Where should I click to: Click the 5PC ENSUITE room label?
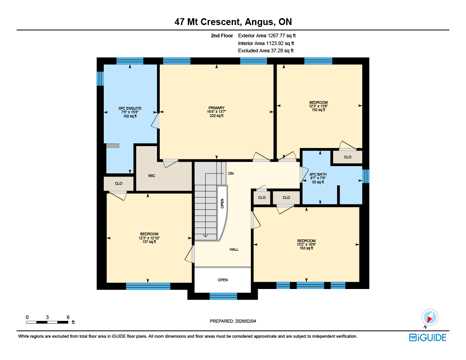tap(130, 108)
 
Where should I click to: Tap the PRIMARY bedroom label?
tap(216, 108)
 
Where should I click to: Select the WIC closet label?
tap(152, 176)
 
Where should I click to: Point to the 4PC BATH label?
tap(318, 174)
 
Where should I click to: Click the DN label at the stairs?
tap(231, 173)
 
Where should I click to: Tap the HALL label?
tap(234, 249)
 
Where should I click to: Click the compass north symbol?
tap(430, 318)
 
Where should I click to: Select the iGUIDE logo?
tap(428, 337)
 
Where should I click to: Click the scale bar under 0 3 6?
tap(47, 322)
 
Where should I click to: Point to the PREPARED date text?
tap(233, 321)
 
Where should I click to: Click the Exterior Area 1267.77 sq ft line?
tap(267, 35)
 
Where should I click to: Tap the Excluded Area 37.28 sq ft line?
tap(266, 51)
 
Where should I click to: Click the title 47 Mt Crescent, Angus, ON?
tap(233, 22)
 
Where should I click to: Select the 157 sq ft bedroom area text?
tap(149, 242)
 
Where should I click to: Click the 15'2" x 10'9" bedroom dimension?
tap(306, 244)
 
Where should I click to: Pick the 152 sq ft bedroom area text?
tap(318, 110)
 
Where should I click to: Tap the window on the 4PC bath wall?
tap(366, 176)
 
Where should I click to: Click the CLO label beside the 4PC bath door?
tap(286, 198)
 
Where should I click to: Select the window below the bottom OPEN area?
tap(223, 296)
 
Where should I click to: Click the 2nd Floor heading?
tap(222, 35)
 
